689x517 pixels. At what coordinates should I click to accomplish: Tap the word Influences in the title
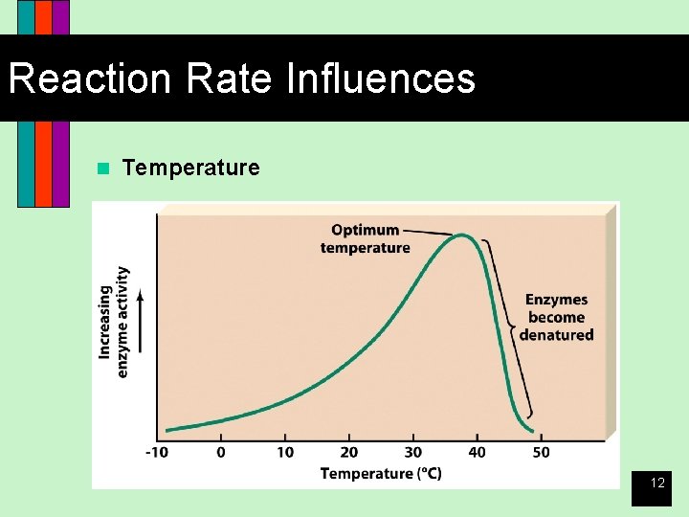[380, 79]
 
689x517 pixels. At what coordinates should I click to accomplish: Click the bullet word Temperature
[190, 169]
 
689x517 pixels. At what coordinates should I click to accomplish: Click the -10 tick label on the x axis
[158, 453]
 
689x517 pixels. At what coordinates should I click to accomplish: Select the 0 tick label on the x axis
[221, 453]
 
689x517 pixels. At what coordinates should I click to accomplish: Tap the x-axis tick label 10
[285, 453]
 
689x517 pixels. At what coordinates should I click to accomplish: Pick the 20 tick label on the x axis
[349, 453]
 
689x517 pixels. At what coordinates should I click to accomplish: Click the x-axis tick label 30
[413, 453]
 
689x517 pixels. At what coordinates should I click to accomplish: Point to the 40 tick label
[477, 453]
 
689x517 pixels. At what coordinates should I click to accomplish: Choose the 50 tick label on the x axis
[541, 453]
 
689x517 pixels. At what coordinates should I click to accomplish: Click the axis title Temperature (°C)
[381, 473]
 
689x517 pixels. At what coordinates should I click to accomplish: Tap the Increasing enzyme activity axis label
[113, 322]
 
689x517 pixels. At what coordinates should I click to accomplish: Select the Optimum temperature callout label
[365, 238]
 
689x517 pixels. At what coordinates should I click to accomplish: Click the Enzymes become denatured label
[556, 317]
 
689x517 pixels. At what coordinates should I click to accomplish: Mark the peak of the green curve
[461, 235]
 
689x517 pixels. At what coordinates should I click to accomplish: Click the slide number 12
[657, 483]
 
